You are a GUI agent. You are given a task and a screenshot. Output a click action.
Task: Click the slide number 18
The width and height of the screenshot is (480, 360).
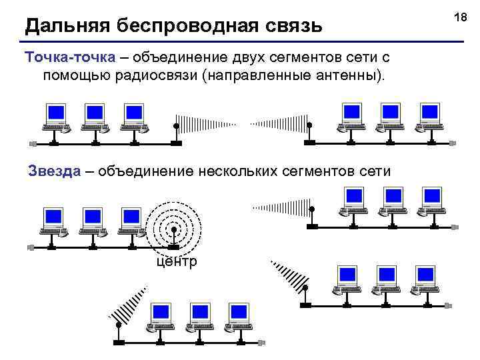(459, 15)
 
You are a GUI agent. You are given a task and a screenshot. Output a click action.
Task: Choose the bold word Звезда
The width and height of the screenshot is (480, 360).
(55, 171)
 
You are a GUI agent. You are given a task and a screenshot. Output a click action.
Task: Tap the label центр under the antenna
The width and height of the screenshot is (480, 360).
(176, 261)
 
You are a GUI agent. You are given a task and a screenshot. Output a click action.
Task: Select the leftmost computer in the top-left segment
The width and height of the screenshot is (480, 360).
(56, 117)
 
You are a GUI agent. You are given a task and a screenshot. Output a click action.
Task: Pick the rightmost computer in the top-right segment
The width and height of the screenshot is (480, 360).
(430, 117)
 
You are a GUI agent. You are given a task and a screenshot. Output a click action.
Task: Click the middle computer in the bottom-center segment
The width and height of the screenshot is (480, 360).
(199, 317)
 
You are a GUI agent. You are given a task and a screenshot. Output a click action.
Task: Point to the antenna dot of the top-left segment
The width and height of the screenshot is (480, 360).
(176, 125)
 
